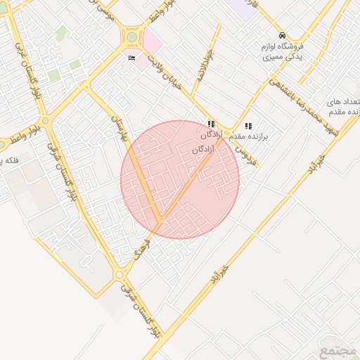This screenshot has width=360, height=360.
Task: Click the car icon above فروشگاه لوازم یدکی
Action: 282,36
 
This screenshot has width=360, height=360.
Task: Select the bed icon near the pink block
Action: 133,58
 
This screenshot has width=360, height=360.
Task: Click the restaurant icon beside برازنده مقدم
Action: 248,126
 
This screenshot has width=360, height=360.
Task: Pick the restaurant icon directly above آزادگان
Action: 211,124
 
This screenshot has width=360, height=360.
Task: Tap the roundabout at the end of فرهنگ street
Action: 120,274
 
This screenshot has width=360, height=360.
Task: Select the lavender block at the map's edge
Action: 243,8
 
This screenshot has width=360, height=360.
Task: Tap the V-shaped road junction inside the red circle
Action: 161,221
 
